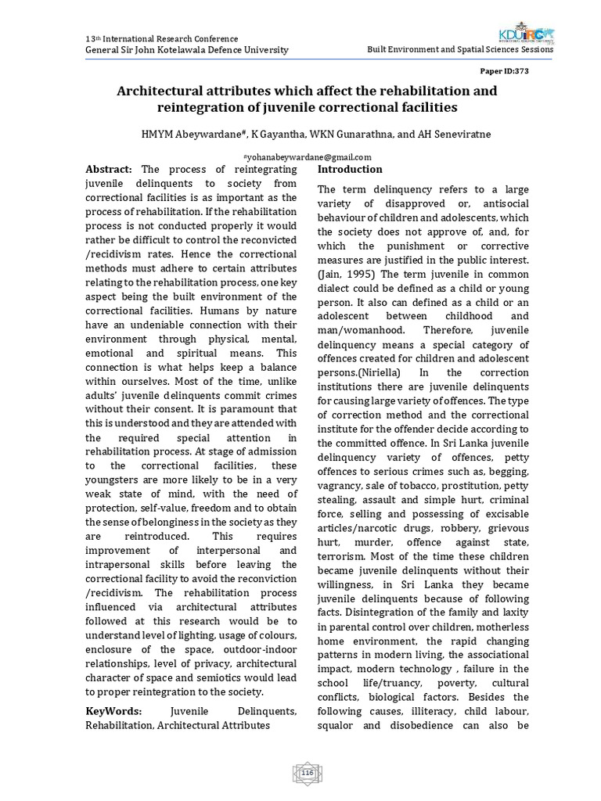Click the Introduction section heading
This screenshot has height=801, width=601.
click(349, 169)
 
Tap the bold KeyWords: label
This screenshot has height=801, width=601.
click(113, 710)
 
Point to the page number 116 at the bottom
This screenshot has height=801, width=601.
click(307, 774)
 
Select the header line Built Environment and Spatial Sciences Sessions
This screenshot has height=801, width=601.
click(460, 49)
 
